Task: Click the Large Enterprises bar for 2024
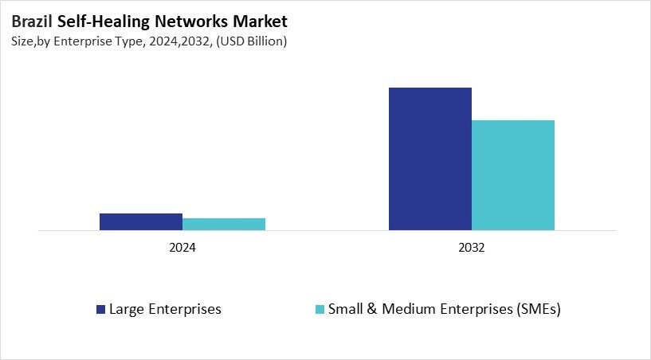[141, 222]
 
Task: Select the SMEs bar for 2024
[224, 225]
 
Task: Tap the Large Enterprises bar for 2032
[430, 159]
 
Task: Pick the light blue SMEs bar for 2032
[513, 175]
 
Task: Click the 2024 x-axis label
[182, 248]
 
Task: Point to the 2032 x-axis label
[472, 248]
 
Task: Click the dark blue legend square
[100, 309]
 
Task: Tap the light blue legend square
[320, 309]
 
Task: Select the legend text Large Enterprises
[165, 309]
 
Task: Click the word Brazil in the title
[33, 22]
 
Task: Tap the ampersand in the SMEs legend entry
[372, 309]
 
